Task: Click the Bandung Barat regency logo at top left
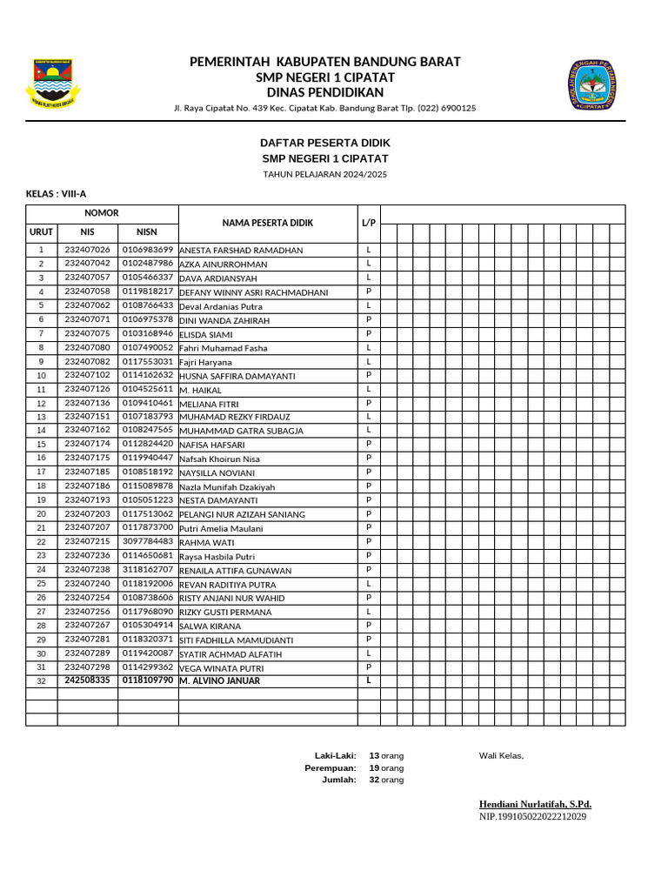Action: pos(53,84)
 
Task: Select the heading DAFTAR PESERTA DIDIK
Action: pos(325,143)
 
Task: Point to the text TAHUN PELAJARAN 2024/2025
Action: pos(325,175)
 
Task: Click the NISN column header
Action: pos(147,232)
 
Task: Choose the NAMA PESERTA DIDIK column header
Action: pos(267,224)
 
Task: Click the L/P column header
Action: pos(368,224)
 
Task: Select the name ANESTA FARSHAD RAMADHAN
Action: pos(241,251)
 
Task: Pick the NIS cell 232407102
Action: pos(87,375)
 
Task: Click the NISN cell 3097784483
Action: pos(148,541)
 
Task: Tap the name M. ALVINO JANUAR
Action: pos(219,680)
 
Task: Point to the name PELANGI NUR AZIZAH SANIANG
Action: pos(242,515)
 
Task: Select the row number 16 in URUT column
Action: pos(41,458)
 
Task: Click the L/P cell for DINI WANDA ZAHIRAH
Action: pos(369,319)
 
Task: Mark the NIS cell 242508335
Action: pos(87,680)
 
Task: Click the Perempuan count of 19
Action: pos(374,768)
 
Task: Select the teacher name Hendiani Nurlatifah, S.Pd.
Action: pos(535,804)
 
